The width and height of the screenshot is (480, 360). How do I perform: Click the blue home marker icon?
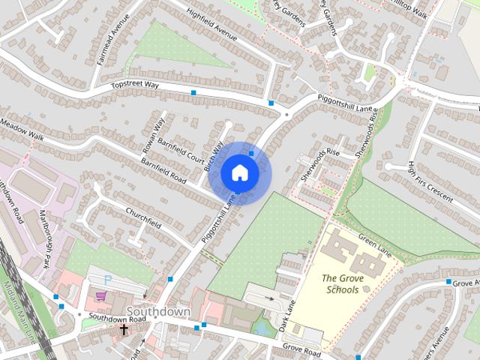239,172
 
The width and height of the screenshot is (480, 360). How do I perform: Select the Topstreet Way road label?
137,86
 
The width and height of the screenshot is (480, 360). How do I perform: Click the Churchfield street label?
143,217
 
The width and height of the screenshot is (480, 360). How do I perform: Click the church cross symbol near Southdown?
124,329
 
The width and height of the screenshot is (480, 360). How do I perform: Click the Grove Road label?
301,349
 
